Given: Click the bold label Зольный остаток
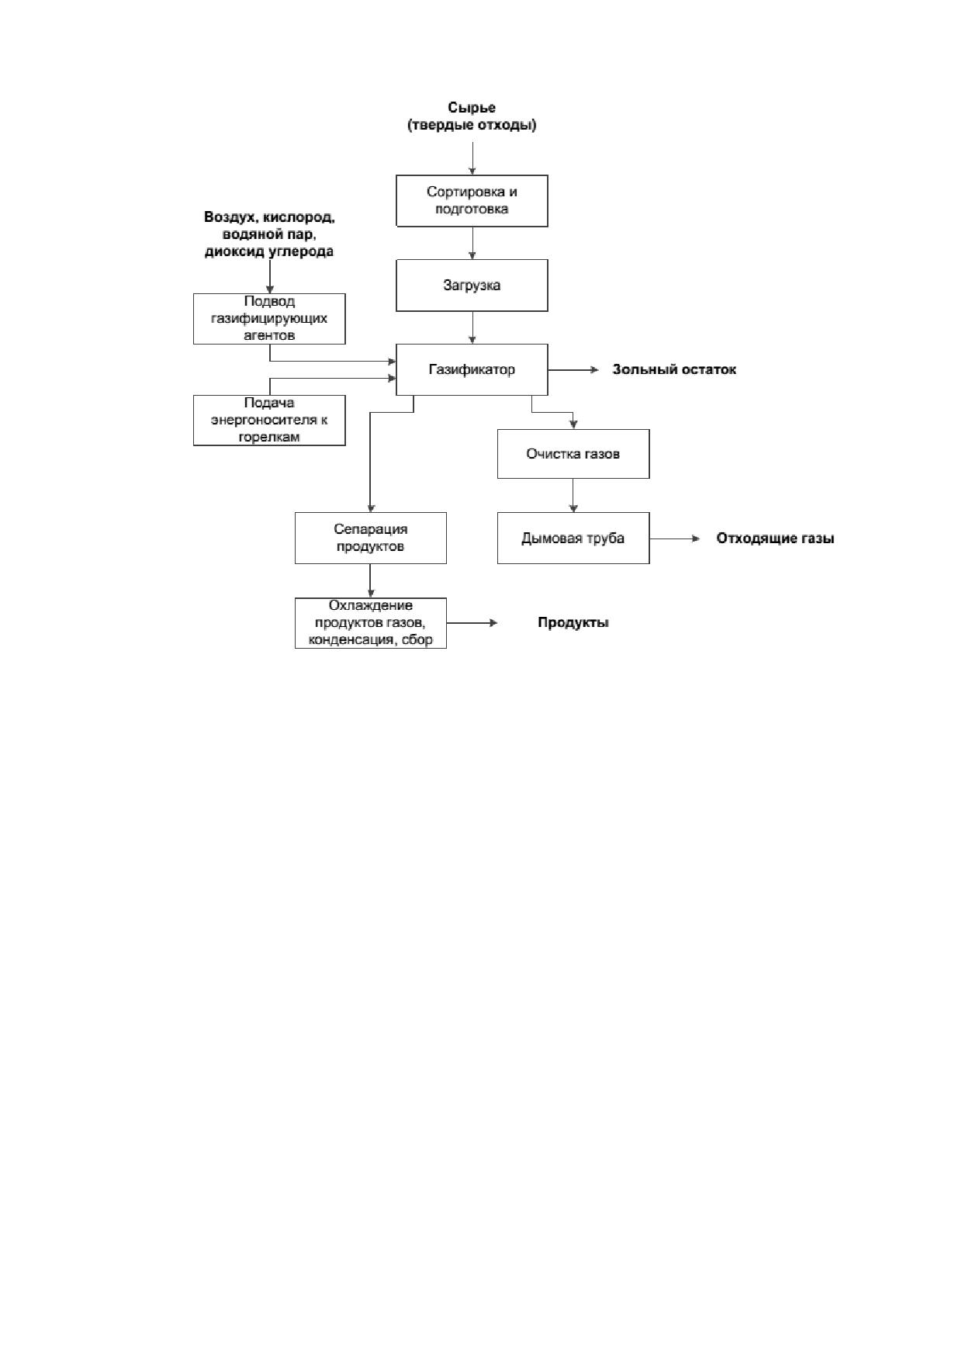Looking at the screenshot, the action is (x=674, y=369).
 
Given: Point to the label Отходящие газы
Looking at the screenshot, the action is (x=775, y=539).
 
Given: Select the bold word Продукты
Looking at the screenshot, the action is (x=573, y=623).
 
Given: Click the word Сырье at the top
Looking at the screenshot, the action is (x=472, y=108).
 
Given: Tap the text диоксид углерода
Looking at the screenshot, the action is (x=269, y=251).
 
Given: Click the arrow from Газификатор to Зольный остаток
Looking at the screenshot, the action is (x=573, y=369).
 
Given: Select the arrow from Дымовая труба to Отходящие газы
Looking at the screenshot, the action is (x=675, y=539).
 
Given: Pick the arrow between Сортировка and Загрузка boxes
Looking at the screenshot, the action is (x=472, y=243).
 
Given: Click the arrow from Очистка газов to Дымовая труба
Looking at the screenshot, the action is (x=573, y=495).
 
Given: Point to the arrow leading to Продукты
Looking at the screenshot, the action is (x=472, y=623).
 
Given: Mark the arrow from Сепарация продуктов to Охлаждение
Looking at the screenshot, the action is (x=371, y=580).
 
